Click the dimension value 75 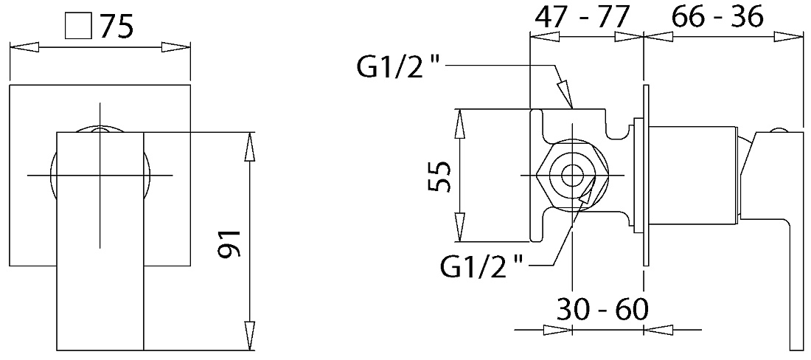[x=116, y=27]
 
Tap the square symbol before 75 [x=78, y=27]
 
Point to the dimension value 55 [x=439, y=176]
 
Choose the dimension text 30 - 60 [x=602, y=309]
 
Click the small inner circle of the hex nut [x=572, y=176]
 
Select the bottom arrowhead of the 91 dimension [x=250, y=336]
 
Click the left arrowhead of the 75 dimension [x=25, y=47]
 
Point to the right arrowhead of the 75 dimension [x=176, y=47]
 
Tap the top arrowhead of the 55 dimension [x=459, y=124]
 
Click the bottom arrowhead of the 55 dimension [x=459, y=226]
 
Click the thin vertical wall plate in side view [x=645, y=176]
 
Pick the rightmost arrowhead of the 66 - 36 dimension [x=788, y=36]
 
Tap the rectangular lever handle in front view [x=100, y=241]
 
